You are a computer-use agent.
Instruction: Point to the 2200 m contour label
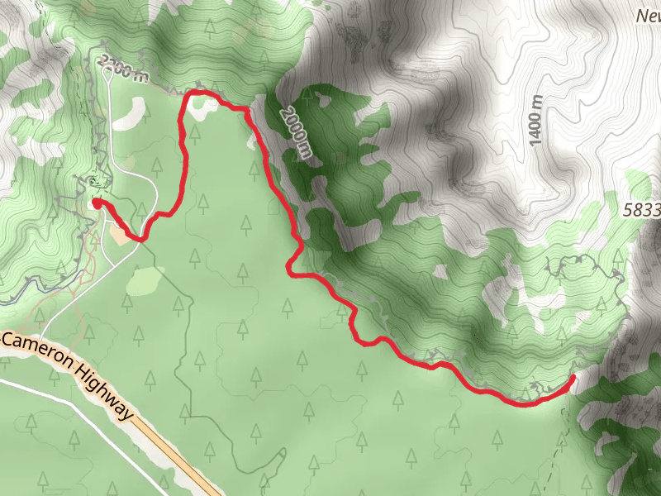point(121,69)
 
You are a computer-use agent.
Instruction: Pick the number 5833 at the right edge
point(643,210)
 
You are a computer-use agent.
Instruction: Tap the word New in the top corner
point(649,15)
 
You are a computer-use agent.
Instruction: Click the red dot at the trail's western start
point(97,201)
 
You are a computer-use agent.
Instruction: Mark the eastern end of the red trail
point(573,378)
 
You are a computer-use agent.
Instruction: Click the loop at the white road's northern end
point(107,72)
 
